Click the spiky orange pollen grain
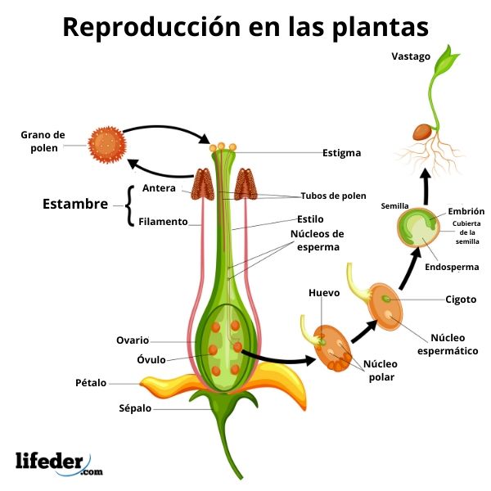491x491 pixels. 106,143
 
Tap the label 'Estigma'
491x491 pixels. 340,153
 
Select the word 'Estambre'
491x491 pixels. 75,204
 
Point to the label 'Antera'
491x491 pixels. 159,188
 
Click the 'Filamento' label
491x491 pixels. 163,221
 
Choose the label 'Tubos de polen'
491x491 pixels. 334,196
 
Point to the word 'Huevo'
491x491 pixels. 324,292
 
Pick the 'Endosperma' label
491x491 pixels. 452,267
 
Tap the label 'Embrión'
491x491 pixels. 466,211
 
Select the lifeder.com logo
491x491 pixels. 59,463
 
